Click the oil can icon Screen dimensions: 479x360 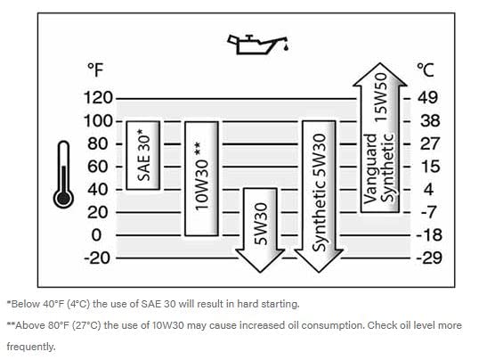point(257,45)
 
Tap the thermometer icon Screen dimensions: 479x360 point(63,175)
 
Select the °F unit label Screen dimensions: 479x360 point(95,70)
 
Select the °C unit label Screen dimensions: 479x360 point(426,70)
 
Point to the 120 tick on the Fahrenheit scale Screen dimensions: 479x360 point(98,98)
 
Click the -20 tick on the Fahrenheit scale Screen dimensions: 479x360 point(97,258)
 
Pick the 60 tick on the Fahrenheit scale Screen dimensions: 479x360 point(97,167)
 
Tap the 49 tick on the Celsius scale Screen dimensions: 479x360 point(428,97)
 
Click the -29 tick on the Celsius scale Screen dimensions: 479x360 point(429,258)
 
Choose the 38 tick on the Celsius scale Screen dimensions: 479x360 point(430,121)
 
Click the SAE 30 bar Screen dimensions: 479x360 point(143,155)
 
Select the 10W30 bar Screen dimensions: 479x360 point(201,178)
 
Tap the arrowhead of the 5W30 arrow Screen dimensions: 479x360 point(260,260)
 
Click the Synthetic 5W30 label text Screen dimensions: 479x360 point(320,193)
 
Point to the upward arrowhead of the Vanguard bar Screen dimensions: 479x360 point(379,74)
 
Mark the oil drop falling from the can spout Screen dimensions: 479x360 point(286,47)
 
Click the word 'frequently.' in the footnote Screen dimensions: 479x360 point(31,347)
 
